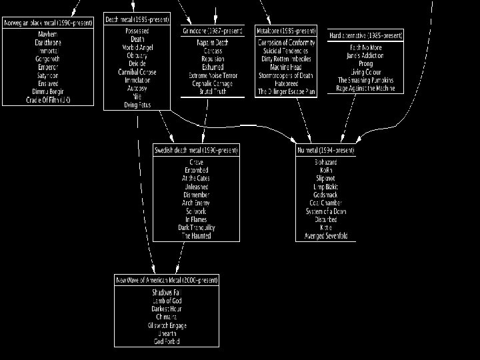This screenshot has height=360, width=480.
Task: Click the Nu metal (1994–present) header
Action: [x=326, y=151]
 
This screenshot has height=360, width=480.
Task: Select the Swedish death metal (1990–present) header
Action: [x=195, y=151]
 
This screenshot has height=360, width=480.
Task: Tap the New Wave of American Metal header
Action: [x=167, y=281]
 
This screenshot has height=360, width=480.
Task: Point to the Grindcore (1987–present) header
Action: [x=211, y=31]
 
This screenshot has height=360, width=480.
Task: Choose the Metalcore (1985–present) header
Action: [x=286, y=31]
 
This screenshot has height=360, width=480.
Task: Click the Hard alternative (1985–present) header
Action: [x=366, y=35]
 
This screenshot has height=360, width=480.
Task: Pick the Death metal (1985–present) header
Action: [x=137, y=19]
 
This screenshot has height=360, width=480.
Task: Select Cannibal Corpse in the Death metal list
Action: [x=137, y=72]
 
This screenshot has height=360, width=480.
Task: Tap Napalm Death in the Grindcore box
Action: [x=211, y=43]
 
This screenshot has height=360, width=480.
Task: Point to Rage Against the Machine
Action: [x=366, y=88]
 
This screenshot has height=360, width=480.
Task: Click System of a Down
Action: [x=326, y=211]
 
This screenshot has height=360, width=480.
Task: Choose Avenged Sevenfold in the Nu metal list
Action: [x=326, y=236]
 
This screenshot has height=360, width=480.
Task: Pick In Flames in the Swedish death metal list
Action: [x=195, y=219]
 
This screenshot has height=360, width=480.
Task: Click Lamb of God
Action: [x=167, y=301]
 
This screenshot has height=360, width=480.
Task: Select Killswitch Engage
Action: [x=167, y=325]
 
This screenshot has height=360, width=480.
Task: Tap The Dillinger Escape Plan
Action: [x=286, y=91]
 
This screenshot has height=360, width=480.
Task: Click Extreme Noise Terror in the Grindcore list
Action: [x=211, y=75]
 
